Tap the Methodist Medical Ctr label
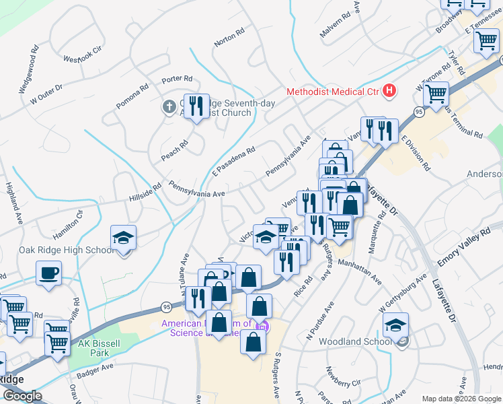point(333,92)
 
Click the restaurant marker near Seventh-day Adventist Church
point(196,107)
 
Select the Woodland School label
point(354,341)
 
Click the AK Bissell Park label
point(93,347)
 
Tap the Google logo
point(22,396)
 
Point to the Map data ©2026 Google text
point(461,399)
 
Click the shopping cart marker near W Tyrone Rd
point(436,95)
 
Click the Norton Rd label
point(229,39)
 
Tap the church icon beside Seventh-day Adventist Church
point(171,106)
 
